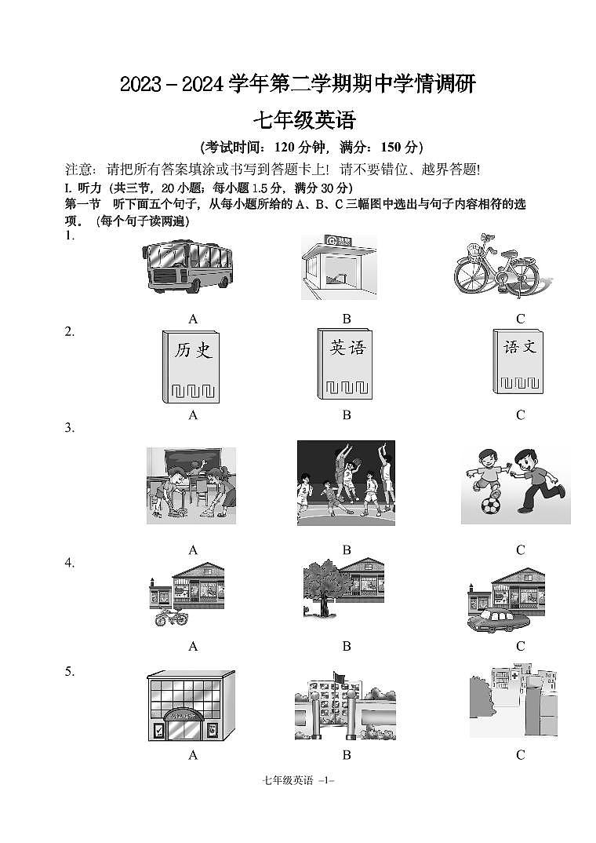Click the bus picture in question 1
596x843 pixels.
point(188,266)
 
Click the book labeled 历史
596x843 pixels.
point(193,367)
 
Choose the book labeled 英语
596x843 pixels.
point(345,365)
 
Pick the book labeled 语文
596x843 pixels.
point(518,362)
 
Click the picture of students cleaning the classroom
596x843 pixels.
point(191,486)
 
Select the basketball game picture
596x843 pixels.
point(346,483)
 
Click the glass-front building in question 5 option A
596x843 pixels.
point(191,706)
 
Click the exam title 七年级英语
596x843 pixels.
point(303,121)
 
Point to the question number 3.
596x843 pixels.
point(69,428)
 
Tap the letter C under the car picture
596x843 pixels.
point(520,646)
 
